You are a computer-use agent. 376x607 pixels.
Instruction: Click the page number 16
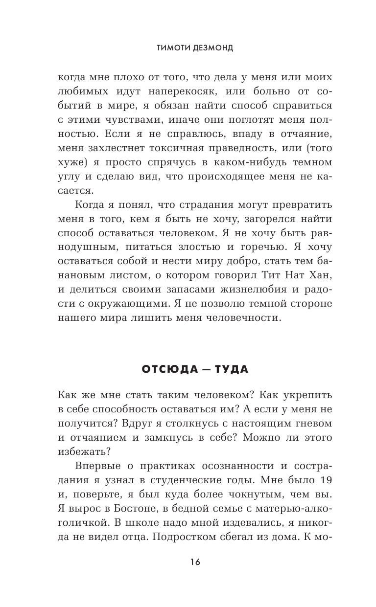[x=188, y=562]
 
